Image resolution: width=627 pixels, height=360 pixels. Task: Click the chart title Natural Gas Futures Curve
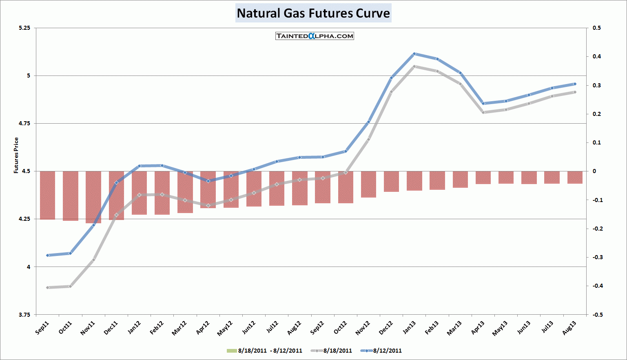(x=313, y=13)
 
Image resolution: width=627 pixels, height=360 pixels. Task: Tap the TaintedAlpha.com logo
(x=315, y=36)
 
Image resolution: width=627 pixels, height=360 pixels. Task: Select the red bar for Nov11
(x=93, y=197)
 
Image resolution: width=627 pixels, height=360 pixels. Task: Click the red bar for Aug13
(x=575, y=178)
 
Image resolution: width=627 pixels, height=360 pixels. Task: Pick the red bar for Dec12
(x=392, y=182)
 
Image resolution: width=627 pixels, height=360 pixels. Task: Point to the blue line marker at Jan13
(x=414, y=54)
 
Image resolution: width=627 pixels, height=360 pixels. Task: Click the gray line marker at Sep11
(x=48, y=288)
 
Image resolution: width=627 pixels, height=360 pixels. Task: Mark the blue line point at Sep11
(x=48, y=256)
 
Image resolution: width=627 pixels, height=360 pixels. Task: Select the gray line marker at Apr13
(x=483, y=112)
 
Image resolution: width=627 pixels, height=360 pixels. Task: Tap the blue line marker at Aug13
(x=575, y=84)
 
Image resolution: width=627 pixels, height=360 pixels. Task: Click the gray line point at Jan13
(x=414, y=66)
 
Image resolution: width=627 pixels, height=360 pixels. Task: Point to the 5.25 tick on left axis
(x=24, y=28)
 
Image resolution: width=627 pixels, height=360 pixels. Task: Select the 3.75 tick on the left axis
(x=24, y=315)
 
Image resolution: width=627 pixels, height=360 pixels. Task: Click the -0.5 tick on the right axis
(x=597, y=315)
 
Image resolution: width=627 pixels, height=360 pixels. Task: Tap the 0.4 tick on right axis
(x=596, y=56)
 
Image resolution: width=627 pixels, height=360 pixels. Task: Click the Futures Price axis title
(x=16, y=155)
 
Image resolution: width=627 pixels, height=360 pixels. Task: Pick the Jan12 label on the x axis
(x=134, y=328)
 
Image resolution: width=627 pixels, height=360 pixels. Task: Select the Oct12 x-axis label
(x=340, y=328)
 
